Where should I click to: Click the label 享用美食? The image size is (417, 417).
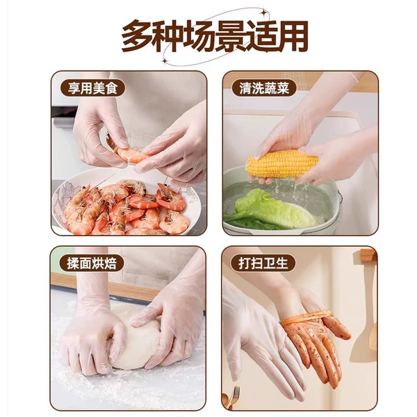coord(92,88)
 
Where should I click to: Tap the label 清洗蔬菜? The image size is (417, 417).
coord(264,88)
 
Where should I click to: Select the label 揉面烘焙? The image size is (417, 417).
coord(92,263)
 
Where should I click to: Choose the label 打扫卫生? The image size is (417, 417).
coord(263,263)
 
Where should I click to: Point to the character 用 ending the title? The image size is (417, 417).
coord(292,35)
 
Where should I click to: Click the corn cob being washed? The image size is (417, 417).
coord(282,163)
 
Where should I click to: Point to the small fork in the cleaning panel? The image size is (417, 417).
coord(234,397)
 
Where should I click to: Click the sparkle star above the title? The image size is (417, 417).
coord(263,12)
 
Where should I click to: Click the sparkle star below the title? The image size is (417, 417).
coord(165,61)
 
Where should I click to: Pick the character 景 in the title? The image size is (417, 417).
coord(229,35)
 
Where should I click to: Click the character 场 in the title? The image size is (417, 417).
coord(199,35)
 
